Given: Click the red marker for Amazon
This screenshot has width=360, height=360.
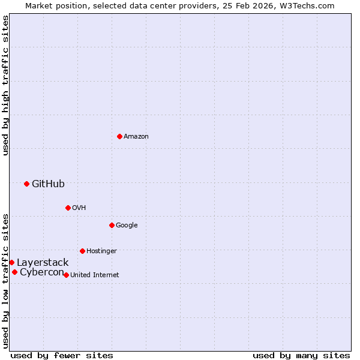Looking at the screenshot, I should click(x=119, y=136).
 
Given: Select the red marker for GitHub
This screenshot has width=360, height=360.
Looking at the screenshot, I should click(x=26, y=184).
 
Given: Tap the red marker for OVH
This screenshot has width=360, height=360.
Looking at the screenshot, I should click(x=68, y=208).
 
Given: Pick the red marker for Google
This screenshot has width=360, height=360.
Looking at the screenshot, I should click(x=112, y=225).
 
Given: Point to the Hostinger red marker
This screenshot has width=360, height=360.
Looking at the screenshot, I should click(x=82, y=251).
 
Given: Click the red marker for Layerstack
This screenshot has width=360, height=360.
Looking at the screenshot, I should click(x=11, y=262).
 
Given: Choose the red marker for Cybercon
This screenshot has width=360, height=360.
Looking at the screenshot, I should click(x=14, y=272).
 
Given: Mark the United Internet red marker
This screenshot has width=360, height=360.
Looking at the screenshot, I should click(x=66, y=275).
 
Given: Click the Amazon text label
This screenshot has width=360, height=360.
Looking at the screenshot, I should click(x=136, y=137).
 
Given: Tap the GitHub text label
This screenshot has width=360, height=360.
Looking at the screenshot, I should click(x=48, y=184).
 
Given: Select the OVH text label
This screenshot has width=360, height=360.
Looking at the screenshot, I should click(x=79, y=208).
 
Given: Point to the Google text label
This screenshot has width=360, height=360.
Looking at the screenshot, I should click(x=127, y=226).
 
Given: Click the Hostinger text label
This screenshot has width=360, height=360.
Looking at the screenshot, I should click(x=101, y=251).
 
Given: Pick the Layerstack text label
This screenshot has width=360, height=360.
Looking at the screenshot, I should click(x=43, y=263).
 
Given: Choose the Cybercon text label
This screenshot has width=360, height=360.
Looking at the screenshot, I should click(x=42, y=272).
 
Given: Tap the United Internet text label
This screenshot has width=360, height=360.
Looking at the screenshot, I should click(x=95, y=275).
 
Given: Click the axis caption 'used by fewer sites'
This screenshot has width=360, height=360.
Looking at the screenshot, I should click(x=62, y=355).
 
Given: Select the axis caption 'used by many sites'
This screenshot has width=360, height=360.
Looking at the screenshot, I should click(x=301, y=355).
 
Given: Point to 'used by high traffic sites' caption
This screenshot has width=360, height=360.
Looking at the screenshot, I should click(x=5, y=85).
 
